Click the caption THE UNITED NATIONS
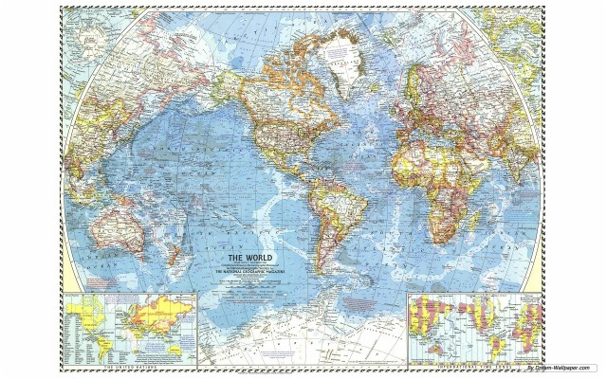click(x=133, y=368)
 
